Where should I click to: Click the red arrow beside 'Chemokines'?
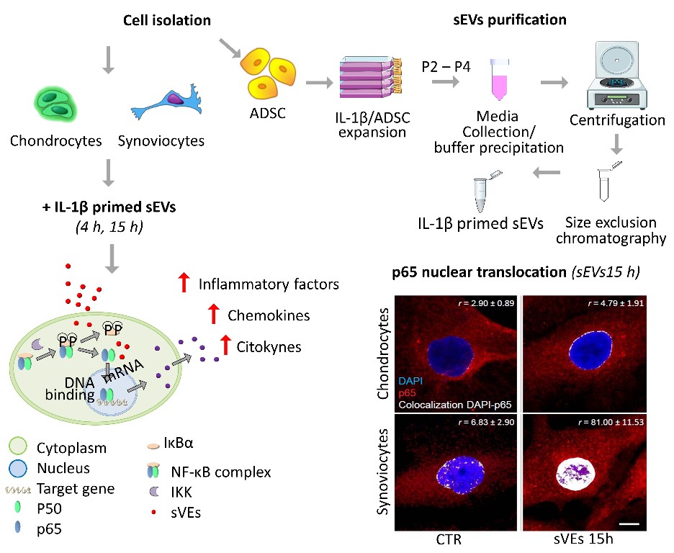click(212, 315)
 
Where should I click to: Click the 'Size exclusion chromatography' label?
click(611, 230)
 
